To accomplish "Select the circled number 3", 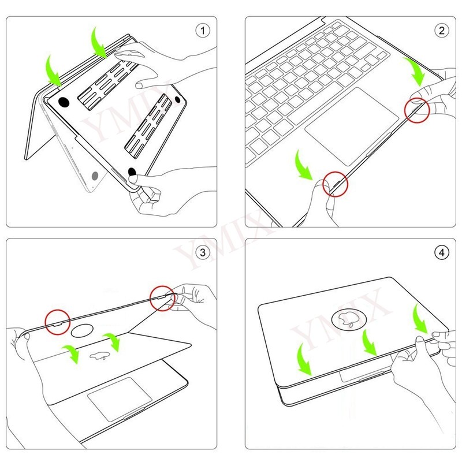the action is [x=203, y=252].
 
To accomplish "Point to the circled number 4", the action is [x=441, y=252].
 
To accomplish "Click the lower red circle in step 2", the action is [x=336, y=184].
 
